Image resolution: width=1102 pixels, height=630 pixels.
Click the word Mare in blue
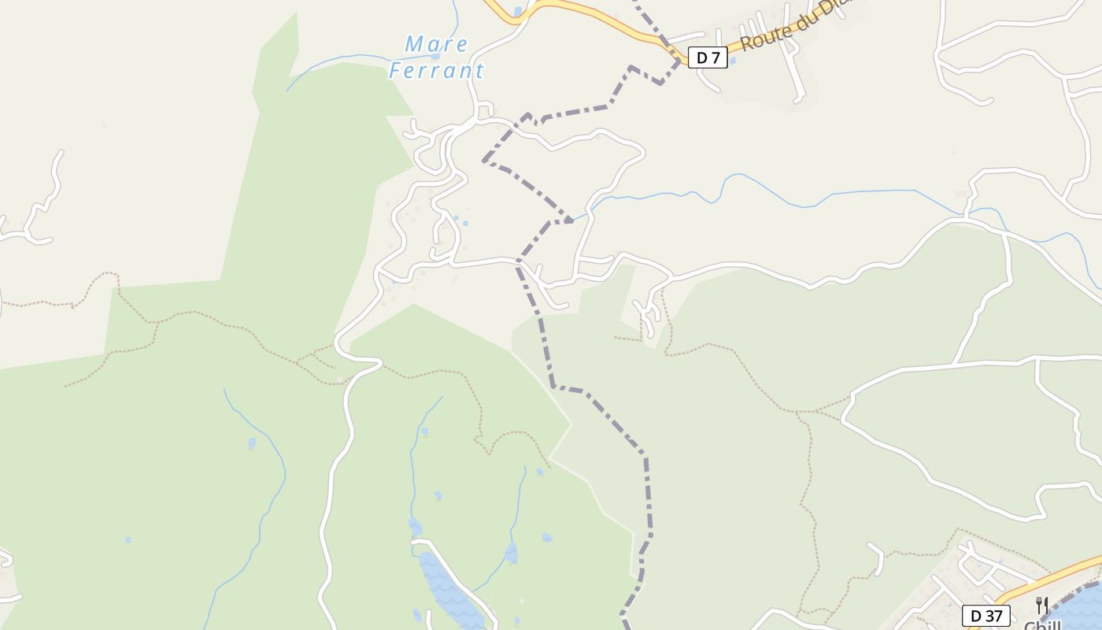437,44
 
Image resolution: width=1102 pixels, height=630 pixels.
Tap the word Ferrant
436,71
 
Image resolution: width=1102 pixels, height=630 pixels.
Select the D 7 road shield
708,57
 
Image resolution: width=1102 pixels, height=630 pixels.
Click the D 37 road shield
986,616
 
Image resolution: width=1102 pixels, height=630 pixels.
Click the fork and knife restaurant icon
1042,606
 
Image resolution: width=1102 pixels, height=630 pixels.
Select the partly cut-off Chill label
1042,625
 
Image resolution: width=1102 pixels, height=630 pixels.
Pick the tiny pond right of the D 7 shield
733,61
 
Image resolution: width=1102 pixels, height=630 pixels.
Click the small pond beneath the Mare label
435,57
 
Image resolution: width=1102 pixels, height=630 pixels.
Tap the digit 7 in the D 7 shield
715,57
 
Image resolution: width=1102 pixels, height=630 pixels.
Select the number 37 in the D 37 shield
993,616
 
